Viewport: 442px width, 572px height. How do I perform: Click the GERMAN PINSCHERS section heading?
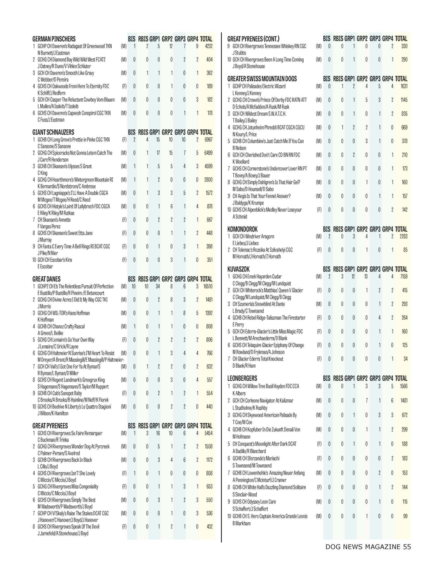click(x=54, y=39)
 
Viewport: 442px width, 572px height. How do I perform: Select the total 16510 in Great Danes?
click(x=208, y=287)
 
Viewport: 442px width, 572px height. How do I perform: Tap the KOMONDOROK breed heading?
click(x=243, y=229)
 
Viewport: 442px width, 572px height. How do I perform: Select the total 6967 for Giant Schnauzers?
click(x=208, y=140)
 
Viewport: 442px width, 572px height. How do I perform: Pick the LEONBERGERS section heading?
click(x=242, y=379)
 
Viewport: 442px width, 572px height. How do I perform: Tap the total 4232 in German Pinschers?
click(x=209, y=46)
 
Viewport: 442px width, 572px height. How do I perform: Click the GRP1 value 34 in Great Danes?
click(x=157, y=287)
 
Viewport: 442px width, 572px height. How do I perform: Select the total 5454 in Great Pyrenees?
click(x=208, y=433)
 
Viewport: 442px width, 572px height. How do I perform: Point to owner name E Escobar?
click(x=45, y=266)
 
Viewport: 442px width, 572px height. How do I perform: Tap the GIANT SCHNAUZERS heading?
click(x=53, y=132)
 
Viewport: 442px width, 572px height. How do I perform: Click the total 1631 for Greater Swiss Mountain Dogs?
click(x=404, y=86)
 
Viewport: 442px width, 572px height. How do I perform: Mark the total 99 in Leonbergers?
click(x=405, y=516)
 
